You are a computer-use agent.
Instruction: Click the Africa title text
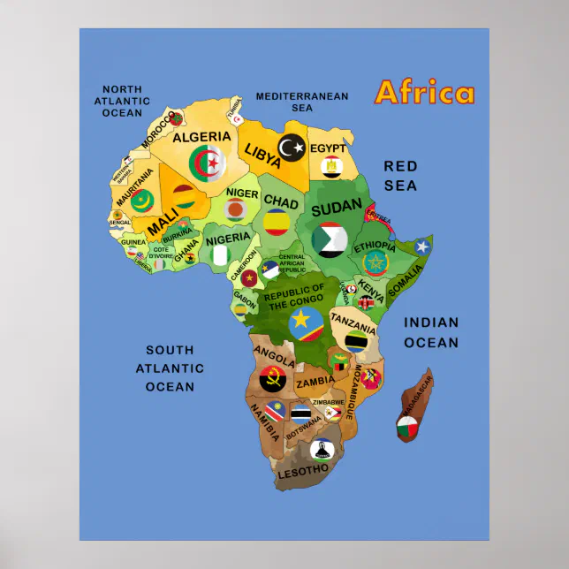coord(424,94)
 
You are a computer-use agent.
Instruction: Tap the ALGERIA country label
coord(201,137)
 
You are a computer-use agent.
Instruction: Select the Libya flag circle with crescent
coord(292,148)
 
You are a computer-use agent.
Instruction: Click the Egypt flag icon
coord(331,166)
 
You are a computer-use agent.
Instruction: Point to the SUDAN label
coord(337,208)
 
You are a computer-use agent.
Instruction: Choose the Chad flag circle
coord(277,222)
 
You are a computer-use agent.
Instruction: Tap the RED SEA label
coord(400,176)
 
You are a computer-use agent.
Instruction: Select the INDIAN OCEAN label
coord(431,333)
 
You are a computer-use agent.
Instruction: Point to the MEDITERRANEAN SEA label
coord(302,102)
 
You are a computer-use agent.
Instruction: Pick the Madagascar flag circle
coord(407,430)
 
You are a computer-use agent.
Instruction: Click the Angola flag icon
coord(271,380)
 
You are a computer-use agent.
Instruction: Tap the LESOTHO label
coord(303,472)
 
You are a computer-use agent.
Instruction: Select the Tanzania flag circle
coord(356,340)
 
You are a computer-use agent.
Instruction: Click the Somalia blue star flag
coord(422,247)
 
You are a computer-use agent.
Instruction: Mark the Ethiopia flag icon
coord(376,263)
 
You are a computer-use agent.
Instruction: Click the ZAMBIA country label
coord(315,383)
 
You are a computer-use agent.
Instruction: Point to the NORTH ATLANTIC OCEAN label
coord(122,101)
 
